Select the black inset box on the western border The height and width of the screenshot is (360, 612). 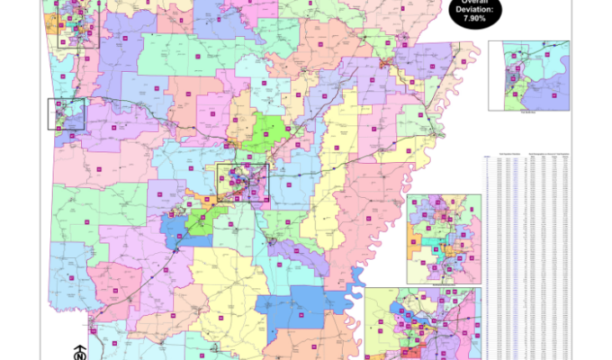tap(66, 114)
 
